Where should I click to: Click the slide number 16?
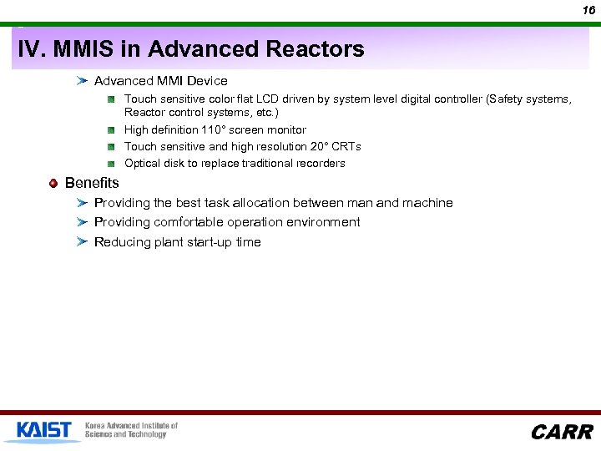(588, 9)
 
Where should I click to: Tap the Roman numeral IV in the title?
(31, 49)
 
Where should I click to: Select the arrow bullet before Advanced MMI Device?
(81, 81)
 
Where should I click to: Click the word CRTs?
(346, 146)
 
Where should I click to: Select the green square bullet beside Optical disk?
(110, 164)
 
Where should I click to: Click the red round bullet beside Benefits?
(53, 183)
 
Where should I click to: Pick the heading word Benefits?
(92, 183)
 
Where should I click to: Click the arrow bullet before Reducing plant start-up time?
(81, 242)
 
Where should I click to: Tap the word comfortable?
(194, 222)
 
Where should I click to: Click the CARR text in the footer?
(561, 432)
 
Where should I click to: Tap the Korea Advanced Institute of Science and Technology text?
(131, 430)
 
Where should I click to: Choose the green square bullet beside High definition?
(110, 130)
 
